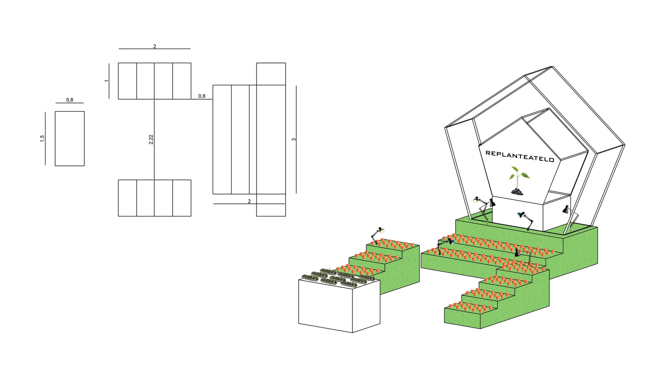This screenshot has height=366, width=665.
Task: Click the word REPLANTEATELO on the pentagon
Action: [520, 156]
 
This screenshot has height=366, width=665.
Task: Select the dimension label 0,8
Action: [70, 100]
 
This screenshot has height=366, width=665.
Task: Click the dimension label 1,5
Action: [42, 139]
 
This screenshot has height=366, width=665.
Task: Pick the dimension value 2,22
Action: [151, 139]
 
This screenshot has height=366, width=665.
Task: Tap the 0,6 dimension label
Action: [202, 96]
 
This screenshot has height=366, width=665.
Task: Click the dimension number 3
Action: [294, 139]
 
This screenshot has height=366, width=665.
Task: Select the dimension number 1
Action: [107, 81]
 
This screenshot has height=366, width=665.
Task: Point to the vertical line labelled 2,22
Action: [154, 139]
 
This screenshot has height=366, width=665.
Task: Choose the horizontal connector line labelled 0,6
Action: [202, 99]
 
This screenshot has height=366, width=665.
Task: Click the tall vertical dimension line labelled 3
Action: [296, 139]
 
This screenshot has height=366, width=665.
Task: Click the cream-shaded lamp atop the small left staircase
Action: [377, 235]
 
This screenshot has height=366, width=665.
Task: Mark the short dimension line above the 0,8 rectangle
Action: [70, 103]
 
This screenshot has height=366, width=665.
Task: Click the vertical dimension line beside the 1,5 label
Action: [45, 139]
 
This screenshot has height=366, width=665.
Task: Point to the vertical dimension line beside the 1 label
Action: [109, 81]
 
